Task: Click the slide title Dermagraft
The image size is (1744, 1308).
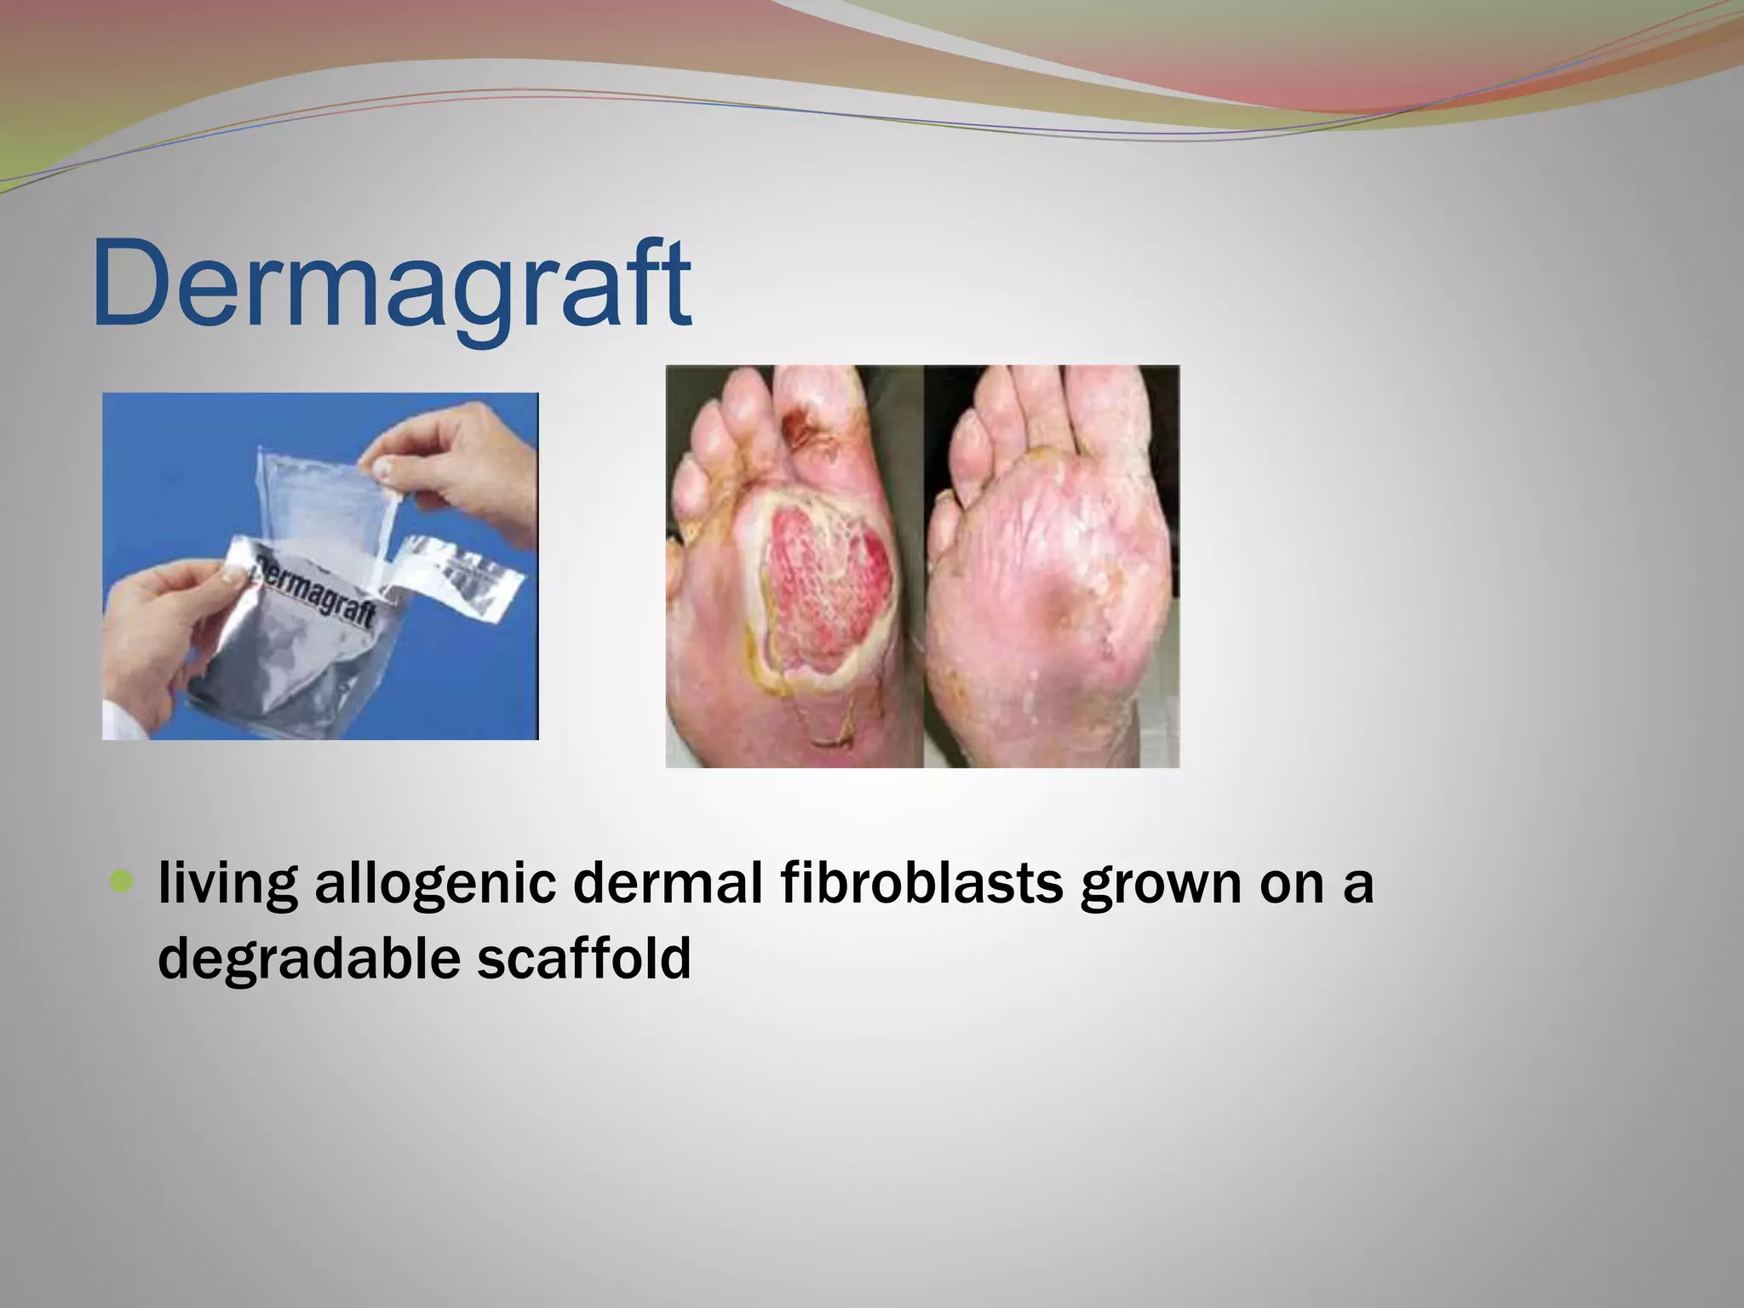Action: pos(392,284)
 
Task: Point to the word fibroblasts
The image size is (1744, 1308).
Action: pos(921,884)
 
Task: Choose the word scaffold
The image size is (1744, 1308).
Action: pos(583,958)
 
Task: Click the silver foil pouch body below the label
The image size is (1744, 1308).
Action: pos(281,681)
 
